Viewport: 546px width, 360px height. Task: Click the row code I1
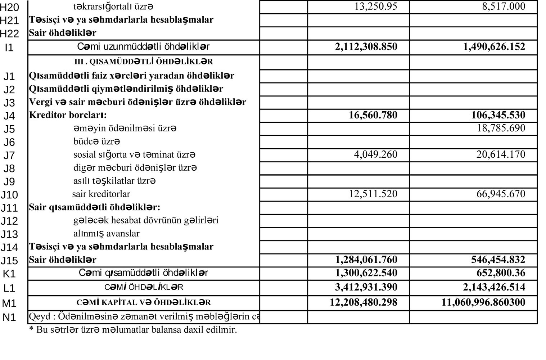pyautogui.click(x=9, y=48)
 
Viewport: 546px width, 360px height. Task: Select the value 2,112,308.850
pyautogui.click(x=366, y=47)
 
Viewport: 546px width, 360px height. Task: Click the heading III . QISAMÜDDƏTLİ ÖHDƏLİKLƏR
pyautogui.click(x=144, y=62)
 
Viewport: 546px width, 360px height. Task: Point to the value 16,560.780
pyautogui.click(x=373, y=115)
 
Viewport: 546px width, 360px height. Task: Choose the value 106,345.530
pyautogui.click(x=498, y=115)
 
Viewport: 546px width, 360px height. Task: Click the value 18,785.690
pyautogui.click(x=501, y=128)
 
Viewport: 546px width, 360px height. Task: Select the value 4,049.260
pyautogui.click(x=375, y=154)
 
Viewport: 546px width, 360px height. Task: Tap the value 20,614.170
pyautogui.click(x=501, y=154)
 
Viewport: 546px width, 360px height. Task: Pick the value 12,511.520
pyautogui.click(x=373, y=194)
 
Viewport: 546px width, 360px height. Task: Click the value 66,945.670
pyautogui.click(x=501, y=194)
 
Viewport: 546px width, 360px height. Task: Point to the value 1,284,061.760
pyautogui.click(x=366, y=260)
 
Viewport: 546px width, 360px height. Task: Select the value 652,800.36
pyautogui.click(x=501, y=273)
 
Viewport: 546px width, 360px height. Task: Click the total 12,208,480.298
pyautogui.click(x=364, y=302)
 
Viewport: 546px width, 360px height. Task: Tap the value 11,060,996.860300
pyautogui.click(x=483, y=302)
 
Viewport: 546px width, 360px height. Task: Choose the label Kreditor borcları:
pyautogui.click(x=68, y=115)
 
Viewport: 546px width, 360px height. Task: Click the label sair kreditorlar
pyautogui.click(x=101, y=194)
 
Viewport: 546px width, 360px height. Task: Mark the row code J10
pyautogui.click(x=9, y=195)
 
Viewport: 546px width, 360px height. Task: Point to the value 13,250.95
pyautogui.click(x=376, y=6)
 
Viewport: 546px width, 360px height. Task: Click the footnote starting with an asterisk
pyautogui.click(x=133, y=330)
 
